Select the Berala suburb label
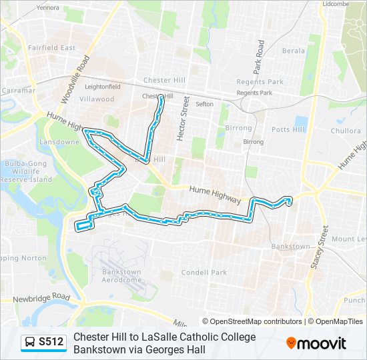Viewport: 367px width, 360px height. click(x=293, y=51)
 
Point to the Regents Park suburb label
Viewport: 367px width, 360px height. click(x=260, y=82)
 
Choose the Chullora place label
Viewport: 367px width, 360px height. click(x=346, y=131)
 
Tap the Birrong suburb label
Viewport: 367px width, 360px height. click(x=238, y=128)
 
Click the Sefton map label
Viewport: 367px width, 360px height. click(x=204, y=104)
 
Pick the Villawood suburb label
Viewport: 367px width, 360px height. click(x=97, y=99)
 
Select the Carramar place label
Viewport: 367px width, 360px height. click(x=18, y=90)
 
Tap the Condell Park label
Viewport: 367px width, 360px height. click(x=204, y=272)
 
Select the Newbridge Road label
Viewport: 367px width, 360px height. click(x=41, y=296)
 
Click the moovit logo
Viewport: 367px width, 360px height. click(x=316, y=343)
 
